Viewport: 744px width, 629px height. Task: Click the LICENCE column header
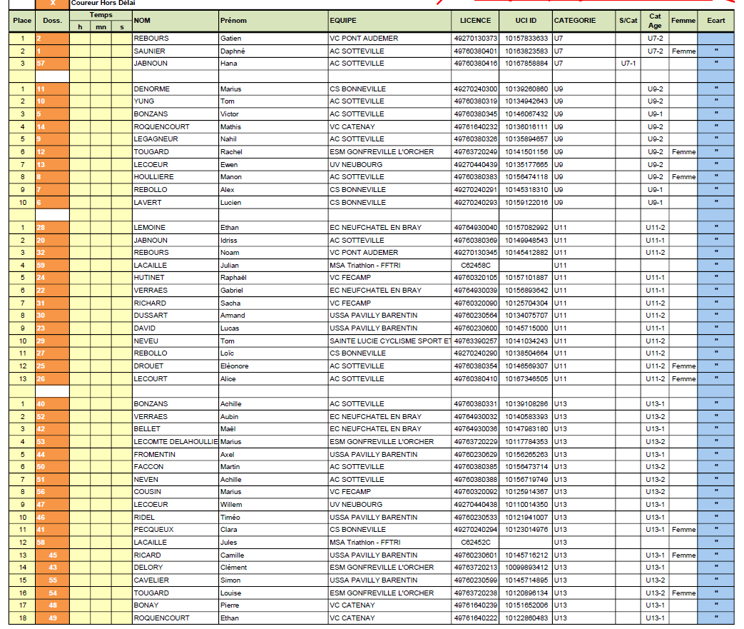(475, 21)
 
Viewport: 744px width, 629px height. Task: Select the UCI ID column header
(526, 21)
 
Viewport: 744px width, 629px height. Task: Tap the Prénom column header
(234, 21)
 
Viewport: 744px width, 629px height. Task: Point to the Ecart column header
(715, 21)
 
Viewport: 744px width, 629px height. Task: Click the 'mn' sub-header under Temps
(101, 27)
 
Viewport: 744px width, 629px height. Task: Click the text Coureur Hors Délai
(103, 4)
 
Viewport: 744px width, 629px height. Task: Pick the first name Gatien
(231, 39)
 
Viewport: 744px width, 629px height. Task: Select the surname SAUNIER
(149, 51)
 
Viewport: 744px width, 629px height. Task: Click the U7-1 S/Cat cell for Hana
(628, 64)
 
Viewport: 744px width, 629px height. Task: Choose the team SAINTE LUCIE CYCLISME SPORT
(389, 341)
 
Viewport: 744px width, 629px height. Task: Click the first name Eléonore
(234, 366)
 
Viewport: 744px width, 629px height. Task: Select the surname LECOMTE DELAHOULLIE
(175, 442)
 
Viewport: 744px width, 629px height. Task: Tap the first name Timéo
(230, 518)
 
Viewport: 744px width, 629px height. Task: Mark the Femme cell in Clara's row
(683, 530)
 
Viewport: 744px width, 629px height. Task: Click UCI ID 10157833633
(526, 39)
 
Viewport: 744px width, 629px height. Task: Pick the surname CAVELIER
(151, 580)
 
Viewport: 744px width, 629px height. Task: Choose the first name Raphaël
(233, 278)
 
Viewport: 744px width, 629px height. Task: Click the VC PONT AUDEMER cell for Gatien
(364, 39)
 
